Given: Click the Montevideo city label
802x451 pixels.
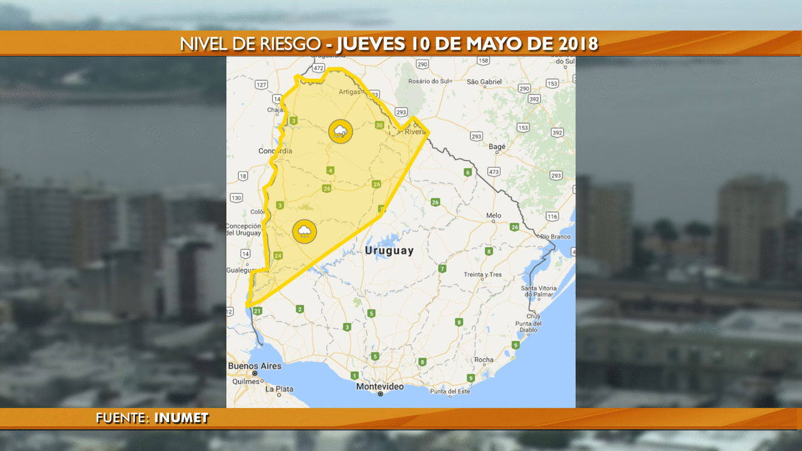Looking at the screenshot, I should click(x=380, y=387).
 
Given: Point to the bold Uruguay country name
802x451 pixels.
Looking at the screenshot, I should click(x=389, y=251).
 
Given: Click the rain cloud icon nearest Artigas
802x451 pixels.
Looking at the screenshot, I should click(x=341, y=131).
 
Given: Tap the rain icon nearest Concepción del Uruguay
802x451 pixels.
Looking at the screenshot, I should click(x=305, y=231).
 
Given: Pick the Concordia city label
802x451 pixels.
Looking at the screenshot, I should click(x=275, y=151).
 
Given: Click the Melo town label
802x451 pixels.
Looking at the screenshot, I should click(x=493, y=215).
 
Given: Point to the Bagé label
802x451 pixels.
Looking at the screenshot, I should click(x=497, y=147).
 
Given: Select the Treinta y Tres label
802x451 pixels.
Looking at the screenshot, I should click(x=483, y=275).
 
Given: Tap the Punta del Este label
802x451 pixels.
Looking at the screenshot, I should click(x=450, y=391).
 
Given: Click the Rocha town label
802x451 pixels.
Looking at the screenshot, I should click(x=484, y=360).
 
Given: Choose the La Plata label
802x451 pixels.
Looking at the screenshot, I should click(x=280, y=389).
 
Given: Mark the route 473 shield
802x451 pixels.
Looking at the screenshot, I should click(x=494, y=171).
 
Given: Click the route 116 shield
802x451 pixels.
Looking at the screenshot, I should click(x=552, y=216).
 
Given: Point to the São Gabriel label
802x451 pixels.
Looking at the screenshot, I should click(x=484, y=81).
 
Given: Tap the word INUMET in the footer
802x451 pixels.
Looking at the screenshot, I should click(x=181, y=419).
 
